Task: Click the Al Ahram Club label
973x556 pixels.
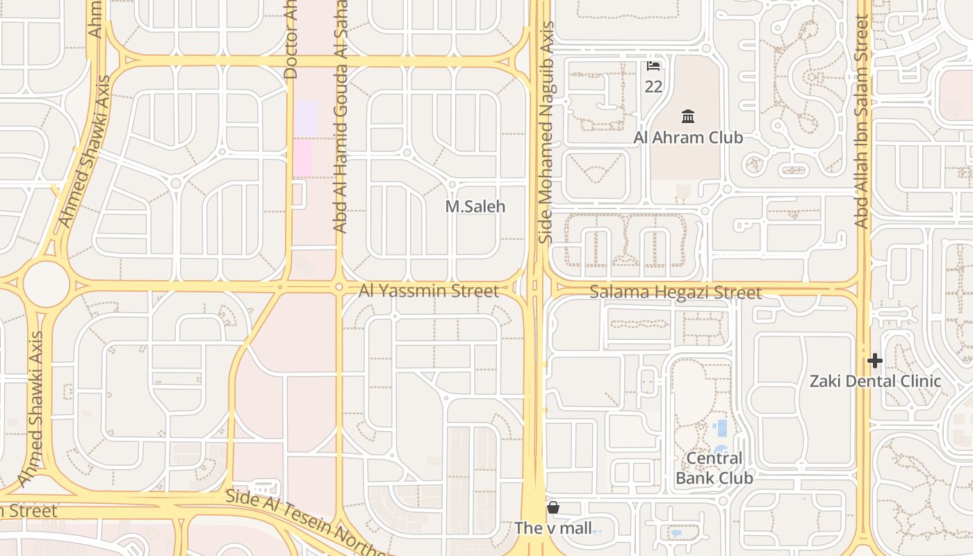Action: tap(688, 138)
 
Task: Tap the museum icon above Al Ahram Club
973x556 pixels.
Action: tap(688, 116)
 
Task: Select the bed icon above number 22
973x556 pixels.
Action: tap(653, 66)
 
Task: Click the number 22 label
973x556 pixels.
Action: tap(653, 87)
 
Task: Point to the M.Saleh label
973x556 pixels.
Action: tap(475, 207)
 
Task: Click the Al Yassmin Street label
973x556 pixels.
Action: tap(429, 291)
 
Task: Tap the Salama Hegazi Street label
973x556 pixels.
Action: tap(676, 293)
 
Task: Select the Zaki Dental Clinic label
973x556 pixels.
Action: tap(875, 382)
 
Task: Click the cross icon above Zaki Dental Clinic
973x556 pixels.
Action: tap(875, 361)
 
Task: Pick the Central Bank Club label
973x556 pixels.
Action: tap(714, 468)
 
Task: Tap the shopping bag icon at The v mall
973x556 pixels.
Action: tap(553, 507)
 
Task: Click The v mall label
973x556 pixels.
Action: tap(553, 528)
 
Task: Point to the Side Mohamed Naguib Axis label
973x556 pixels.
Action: tap(547, 132)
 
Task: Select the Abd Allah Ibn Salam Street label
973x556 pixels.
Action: tap(862, 122)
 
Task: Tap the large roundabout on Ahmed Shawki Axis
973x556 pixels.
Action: tap(47, 284)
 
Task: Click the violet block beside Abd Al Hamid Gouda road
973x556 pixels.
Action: tap(306, 118)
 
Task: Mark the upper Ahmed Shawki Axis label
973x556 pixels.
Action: tap(85, 162)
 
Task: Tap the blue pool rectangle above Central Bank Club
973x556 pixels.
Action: tap(721, 427)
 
